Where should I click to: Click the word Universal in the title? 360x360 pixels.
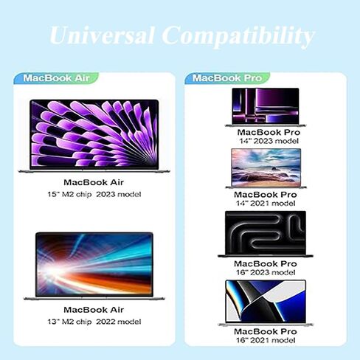pos(102,35)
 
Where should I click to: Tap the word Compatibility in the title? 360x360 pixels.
pos(238,37)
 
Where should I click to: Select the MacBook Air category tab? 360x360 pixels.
pos(56,78)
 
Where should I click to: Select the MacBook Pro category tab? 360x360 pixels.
pos(227,78)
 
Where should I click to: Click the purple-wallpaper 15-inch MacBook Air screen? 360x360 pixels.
pos(94,134)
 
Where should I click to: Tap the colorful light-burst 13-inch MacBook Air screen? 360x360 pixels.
pos(94,264)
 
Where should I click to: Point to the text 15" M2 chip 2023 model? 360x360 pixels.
pos(94,194)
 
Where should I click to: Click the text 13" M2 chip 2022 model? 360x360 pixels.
pos(94,322)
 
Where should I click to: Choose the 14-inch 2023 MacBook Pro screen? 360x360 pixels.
pos(266,106)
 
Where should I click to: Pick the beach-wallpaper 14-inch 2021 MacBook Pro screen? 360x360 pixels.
pos(266,167)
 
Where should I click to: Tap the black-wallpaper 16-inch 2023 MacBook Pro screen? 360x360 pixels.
pos(266,233)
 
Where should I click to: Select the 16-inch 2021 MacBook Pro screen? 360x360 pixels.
pos(266,302)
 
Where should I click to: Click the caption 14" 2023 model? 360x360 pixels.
pos(269,141)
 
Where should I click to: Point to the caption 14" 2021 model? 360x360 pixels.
pos(266,204)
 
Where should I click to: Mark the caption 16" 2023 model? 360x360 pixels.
pos(266,272)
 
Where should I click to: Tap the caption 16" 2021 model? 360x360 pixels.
pos(266,340)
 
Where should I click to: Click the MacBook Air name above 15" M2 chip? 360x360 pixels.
pos(94,182)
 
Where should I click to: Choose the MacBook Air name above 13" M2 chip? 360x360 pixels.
pos(94,310)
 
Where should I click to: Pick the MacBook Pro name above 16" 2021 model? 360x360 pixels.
pos(266,331)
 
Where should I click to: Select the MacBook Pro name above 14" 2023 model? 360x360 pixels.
pos(269,132)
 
